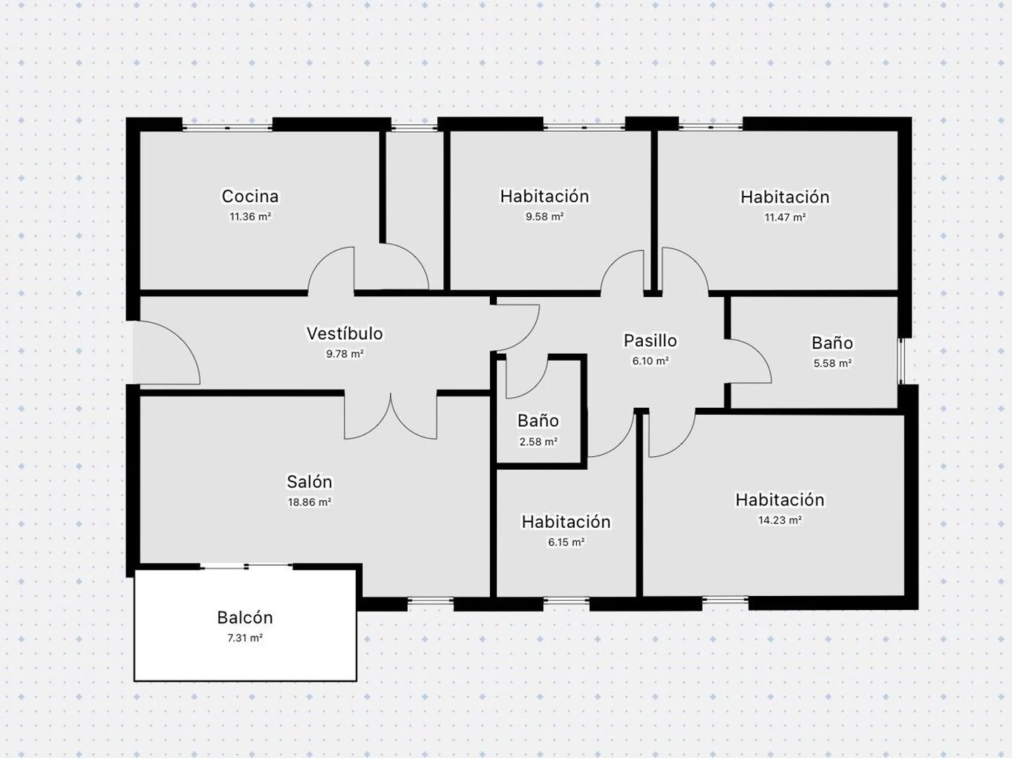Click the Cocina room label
pyautogui.click(x=251, y=197)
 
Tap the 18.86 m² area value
pyautogui.click(x=309, y=502)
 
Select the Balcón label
pyautogui.click(x=245, y=618)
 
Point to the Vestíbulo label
pyautogui.click(x=345, y=333)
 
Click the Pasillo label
pyautogui.click(x=650, y=340)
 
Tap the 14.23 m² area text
pyautogui.click(x=780, y=520)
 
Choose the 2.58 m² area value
pyautogui.click(x=538, y=441)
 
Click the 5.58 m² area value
pyautogui.click(x=832, y=364)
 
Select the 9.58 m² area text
pyautogui.click(x=545, y=217)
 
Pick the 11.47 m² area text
pyautogui.click(x=785, y=217)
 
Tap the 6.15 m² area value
pyautogui.click(x=566, y=543)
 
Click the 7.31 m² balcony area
pyautogui.click(x=245, y=638)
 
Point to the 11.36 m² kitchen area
pyautogui.click(x=251, y=217)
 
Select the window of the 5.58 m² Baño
pyautogui.click(x=901, y=361)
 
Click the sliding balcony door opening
pyautogui.click(x=246, y=566)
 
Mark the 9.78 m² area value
pyautogui.click(x=345, y=354)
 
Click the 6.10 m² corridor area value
pyautogui.click(x=650, y=361)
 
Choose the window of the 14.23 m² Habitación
pyautogui.click(x=726, y=600)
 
